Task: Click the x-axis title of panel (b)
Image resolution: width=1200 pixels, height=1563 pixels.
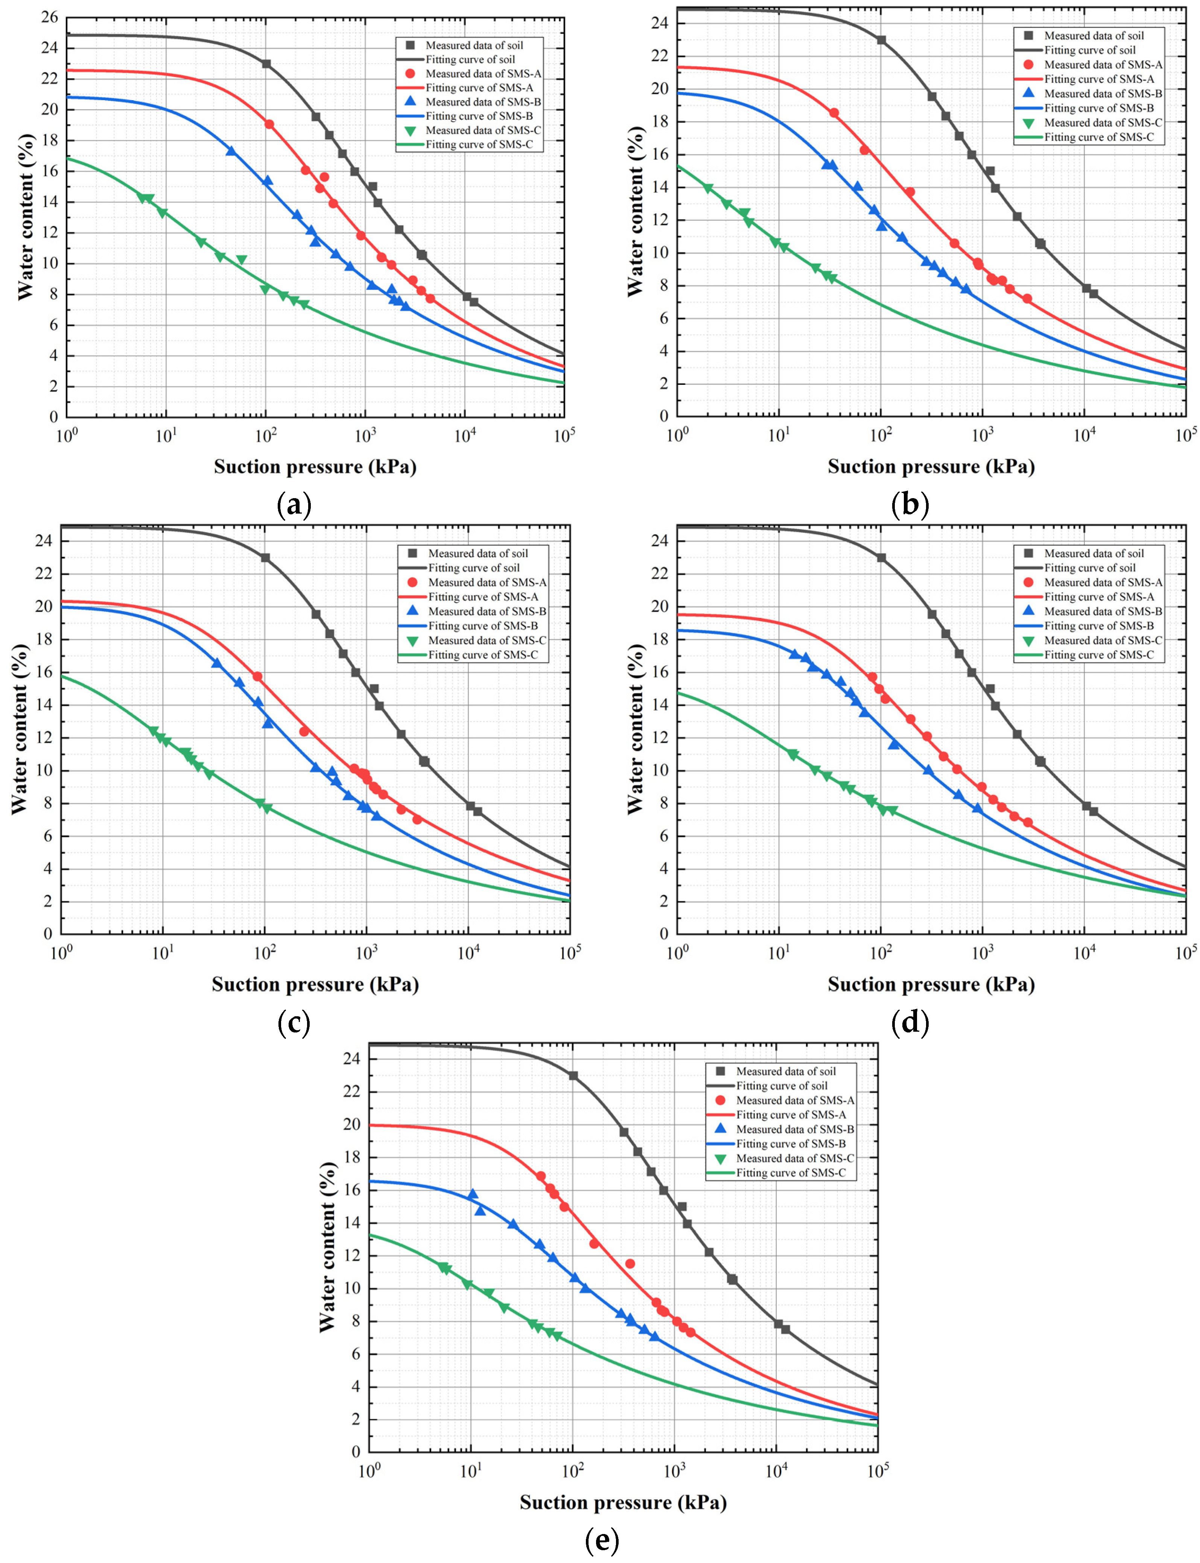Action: [x=931, y=466]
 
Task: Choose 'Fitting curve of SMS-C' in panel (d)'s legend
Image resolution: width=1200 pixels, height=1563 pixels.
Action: [x=1098, y=655]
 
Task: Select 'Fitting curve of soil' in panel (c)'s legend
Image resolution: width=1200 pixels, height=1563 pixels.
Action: [x=474, y=567]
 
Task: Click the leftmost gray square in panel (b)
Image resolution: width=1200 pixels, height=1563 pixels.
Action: [x=881, y=40]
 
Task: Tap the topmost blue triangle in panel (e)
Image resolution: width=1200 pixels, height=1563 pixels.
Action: [x=472, y=1194]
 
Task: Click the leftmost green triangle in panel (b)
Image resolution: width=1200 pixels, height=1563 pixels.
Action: [x=708, y=188]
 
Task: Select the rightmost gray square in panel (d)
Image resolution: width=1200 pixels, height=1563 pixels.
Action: [x=1094, y=812]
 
